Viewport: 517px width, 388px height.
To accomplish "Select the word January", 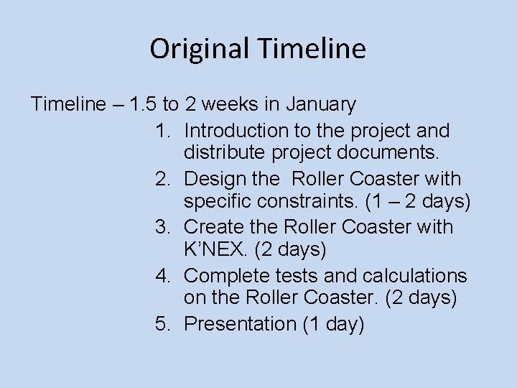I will point(321,105).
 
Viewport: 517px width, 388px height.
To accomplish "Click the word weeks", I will point(232,105).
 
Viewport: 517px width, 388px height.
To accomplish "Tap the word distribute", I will point(225,153).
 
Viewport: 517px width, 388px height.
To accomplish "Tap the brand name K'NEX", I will point(213,250).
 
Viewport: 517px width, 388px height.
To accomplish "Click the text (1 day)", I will point(332,324).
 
